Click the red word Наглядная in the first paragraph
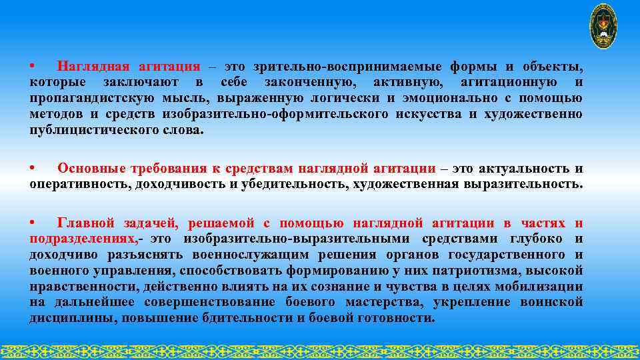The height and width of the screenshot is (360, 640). coord(93,67)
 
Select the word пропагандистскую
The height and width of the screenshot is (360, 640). coord(87,99)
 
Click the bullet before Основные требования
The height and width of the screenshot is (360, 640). coord(32,168)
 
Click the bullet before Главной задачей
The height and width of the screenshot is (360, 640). coord(32,223)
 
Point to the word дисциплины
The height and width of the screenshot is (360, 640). coord(70,319)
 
